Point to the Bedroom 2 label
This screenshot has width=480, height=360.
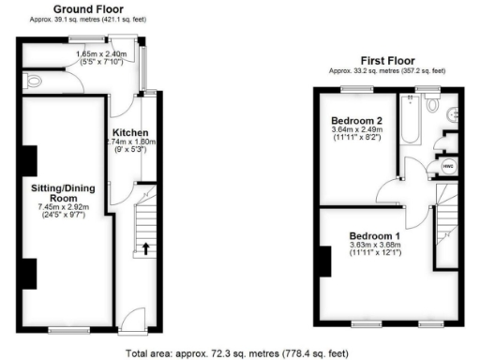point(356,121)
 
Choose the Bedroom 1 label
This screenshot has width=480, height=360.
point(375,234)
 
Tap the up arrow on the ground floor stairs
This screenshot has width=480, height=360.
point(146,248)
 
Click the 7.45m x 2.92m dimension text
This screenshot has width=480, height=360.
point(63,207)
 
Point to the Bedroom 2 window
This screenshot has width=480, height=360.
point(354,89)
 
